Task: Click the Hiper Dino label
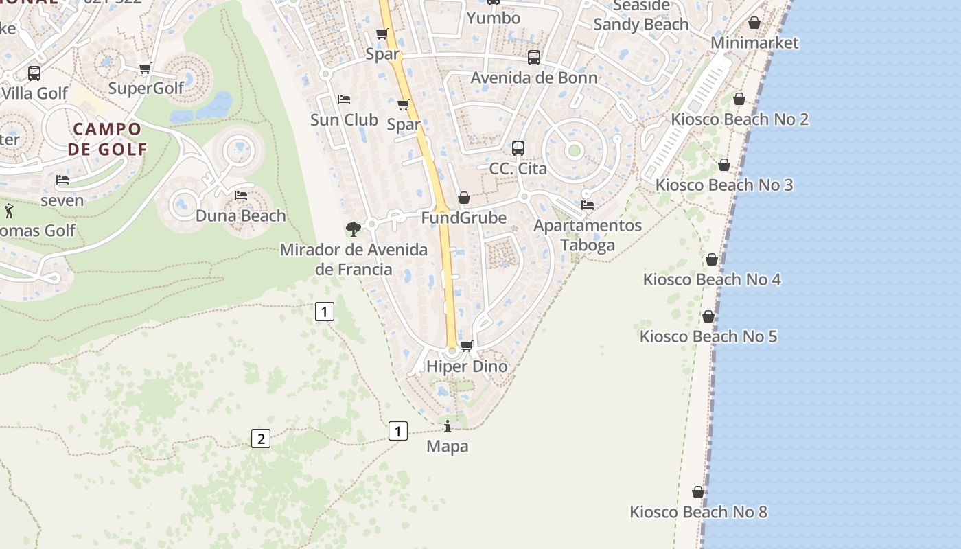click(467, 366)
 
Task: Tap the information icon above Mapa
click(448, 427)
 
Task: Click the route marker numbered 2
click(260, 439)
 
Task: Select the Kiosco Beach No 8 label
click(698, 512)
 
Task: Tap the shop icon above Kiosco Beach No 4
click(712, 259)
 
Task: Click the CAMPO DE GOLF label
click(107, 139)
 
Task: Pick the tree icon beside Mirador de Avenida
click(354, 229)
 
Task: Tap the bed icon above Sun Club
click(344, 100)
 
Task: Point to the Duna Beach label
click(240, 215)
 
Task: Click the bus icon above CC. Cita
click(518, 148)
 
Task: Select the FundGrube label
click(463, 218)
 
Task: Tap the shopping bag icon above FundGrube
click(464, 198)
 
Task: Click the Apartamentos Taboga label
click(588, 235)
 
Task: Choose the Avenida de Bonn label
click(533, 78)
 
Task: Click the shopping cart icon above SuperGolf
click(145, 68)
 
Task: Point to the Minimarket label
click(754, 43)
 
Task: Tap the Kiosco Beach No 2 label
click(739, 119)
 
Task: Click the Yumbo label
click(493, 18)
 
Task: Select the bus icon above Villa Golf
click(34, 73)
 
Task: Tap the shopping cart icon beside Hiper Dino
click(467, 346)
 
